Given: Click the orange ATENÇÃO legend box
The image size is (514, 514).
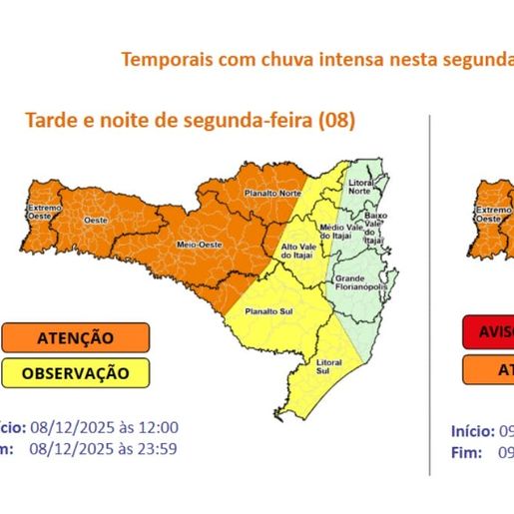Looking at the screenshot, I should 75,338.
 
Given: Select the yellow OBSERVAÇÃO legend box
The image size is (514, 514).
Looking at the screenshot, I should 75,373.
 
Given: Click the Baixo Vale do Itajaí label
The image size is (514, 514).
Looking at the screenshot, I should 375,228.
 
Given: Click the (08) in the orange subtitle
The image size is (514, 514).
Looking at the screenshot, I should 336,121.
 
